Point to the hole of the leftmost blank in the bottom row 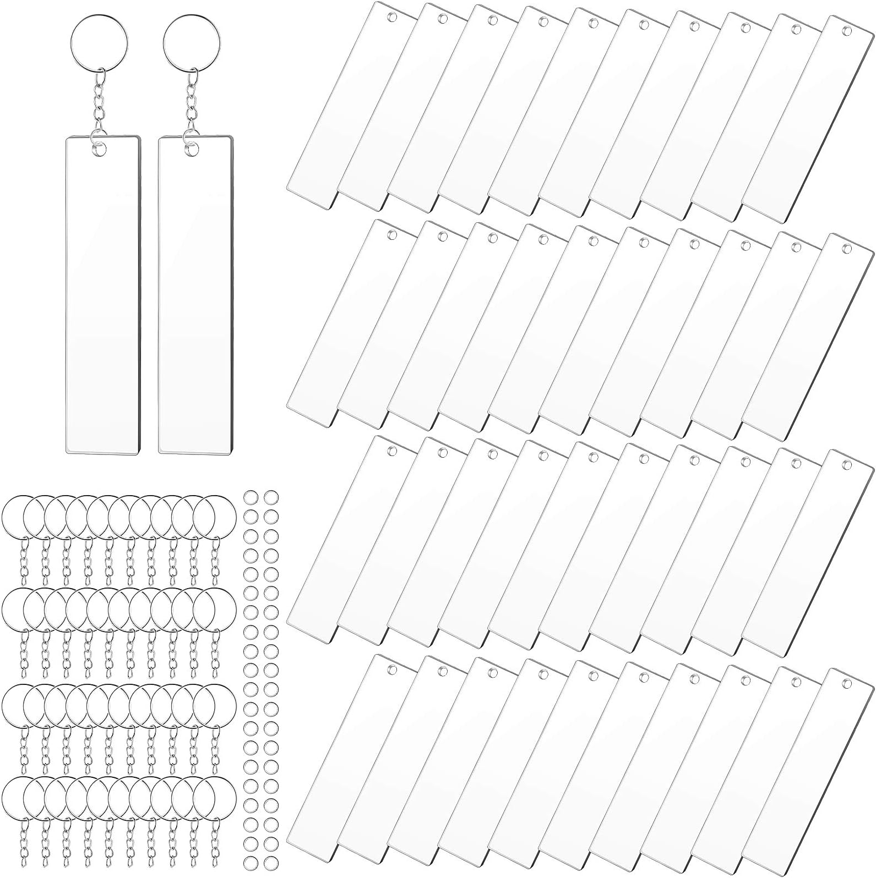pos(392,670)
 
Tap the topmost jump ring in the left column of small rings pos(250,497)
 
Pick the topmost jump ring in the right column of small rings pos(269,497)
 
